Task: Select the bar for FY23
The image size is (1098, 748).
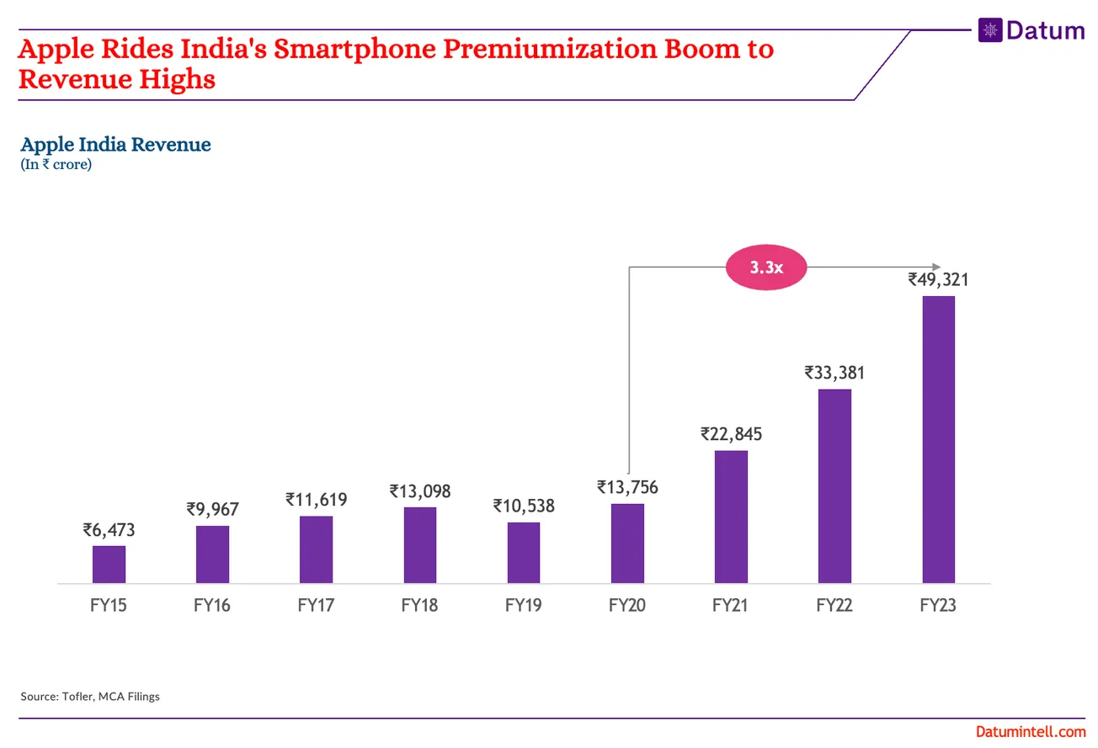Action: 938,439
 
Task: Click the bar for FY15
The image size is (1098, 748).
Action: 109,565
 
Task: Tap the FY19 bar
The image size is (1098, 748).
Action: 524,553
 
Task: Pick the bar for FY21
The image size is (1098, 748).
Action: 731,517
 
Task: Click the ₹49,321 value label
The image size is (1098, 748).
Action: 938,279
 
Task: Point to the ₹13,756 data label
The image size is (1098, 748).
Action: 627,487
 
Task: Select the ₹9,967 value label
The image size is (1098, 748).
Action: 212,509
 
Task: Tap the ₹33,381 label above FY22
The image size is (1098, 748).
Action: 834,372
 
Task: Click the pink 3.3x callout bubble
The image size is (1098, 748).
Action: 766,268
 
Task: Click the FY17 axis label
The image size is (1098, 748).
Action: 316,606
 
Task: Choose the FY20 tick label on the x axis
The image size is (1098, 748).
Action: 627,606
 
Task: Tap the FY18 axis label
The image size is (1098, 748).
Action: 419,606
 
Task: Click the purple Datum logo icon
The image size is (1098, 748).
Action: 990,30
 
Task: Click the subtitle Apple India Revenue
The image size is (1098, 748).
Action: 115,145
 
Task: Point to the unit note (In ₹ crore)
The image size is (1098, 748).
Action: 56,165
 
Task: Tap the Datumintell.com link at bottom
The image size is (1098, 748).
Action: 1031,733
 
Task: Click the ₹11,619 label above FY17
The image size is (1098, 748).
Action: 316,500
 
